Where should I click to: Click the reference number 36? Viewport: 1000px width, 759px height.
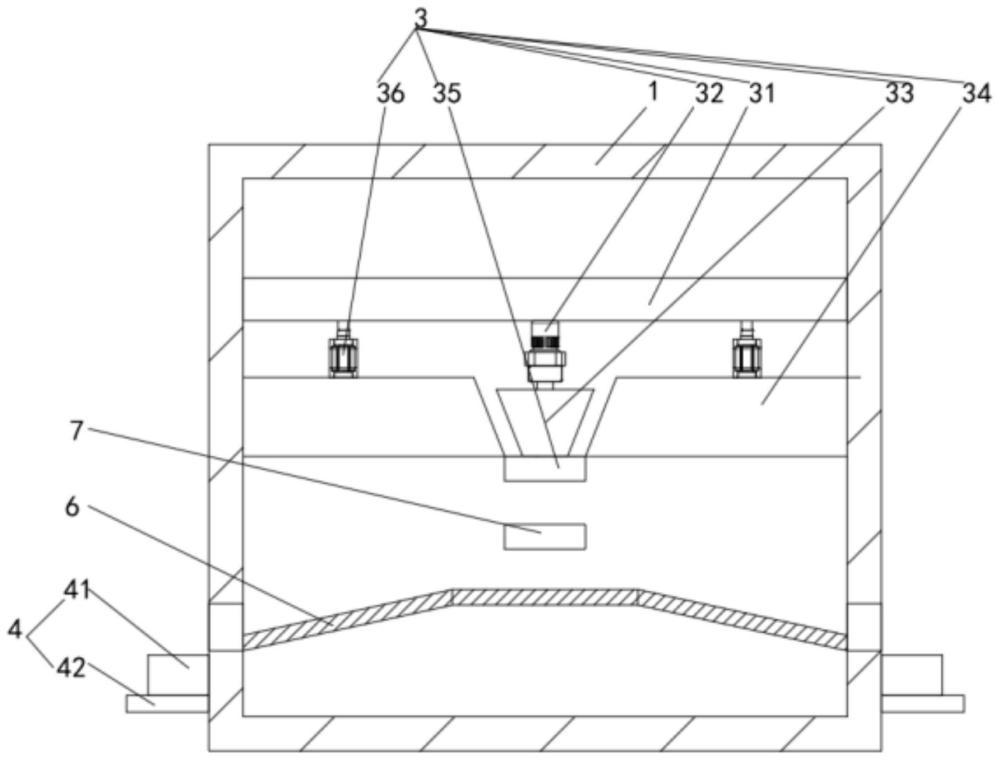(390, 94)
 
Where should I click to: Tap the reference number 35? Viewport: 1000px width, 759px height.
(446, 94)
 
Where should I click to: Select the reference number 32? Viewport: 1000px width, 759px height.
(709, 94)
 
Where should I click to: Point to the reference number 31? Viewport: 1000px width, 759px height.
(761, 94)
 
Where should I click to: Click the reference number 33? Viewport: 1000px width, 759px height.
(899, 94)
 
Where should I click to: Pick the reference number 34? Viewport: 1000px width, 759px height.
(977, 94)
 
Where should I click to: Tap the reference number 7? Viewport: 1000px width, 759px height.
(77, 431)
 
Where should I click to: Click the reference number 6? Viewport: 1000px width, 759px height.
(72, 508)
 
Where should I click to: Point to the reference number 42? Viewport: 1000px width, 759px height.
(70, 668)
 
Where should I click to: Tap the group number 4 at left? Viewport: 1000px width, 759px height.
(15, 630)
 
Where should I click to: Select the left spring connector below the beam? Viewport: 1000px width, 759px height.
(343, 351)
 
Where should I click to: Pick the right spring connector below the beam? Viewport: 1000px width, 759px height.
(747, 351)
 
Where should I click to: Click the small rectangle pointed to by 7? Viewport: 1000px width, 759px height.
(545, 536)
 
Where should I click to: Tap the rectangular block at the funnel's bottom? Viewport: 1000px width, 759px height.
(545, 469)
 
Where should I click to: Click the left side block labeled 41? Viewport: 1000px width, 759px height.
(178, 674)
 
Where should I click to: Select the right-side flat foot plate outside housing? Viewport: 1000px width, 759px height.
(922, 704)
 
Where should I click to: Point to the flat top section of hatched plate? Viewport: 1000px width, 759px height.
(545, 597)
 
